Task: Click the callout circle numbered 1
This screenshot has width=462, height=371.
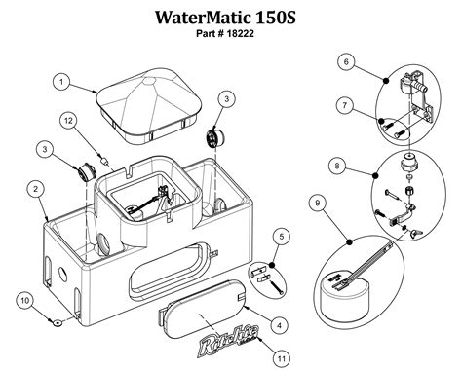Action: (61, 82)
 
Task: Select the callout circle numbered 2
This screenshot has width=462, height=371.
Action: (35, 189)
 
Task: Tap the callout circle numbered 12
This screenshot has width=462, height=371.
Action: (68, 121)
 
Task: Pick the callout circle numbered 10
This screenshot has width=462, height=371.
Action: (25, 301)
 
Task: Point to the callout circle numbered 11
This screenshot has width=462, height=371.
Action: (282, 358)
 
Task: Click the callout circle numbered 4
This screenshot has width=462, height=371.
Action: (279, 325)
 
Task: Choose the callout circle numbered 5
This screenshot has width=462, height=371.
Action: (282, 237)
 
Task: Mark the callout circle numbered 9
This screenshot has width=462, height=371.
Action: (318, 203)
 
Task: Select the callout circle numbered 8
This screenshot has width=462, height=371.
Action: (337, 166)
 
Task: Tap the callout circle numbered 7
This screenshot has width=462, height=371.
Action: (345, 105)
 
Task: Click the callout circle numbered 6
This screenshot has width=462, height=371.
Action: (346, 62)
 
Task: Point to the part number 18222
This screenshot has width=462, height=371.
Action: (241, 33)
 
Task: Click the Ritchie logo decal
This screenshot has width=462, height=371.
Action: (230, 341)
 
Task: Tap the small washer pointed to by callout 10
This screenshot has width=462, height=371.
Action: (58, 322)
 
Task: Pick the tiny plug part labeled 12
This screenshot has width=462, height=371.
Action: (105, 162)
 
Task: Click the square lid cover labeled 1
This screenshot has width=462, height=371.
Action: (149, 105)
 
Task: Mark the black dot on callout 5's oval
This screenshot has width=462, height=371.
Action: (272, 265)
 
